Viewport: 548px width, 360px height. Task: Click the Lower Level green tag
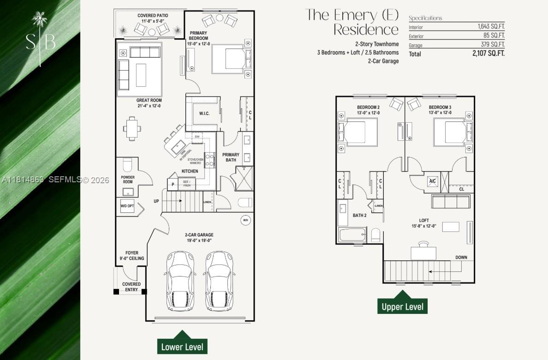pos(182,347)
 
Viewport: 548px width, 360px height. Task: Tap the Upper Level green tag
pos(402,306)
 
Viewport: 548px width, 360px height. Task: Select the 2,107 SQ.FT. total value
pos(488,54)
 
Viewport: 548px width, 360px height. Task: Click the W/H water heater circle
pos(245,221)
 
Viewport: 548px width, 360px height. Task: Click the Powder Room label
pos(128,180)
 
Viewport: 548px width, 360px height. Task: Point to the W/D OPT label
pos(127,206)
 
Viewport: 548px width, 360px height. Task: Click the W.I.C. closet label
pos(204,114)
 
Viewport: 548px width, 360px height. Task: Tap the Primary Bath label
pos(231,157)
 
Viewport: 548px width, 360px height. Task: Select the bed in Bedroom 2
pos(361,132)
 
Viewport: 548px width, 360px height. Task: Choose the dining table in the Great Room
pos(132,128)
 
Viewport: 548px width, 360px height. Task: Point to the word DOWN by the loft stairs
pos(461,258)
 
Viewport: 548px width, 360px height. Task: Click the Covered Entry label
pos(131,287)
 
